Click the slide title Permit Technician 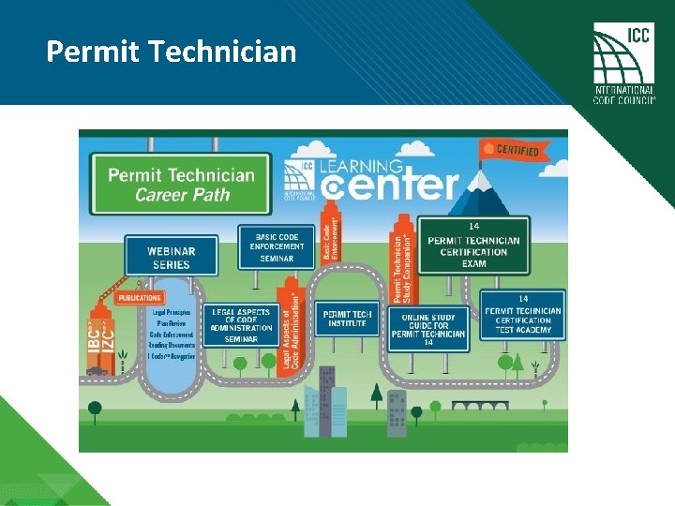[x=171, y=51]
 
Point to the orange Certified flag [x=511, y=149]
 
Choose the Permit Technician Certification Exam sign [x=473, y=246]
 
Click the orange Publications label [x=140, y=298]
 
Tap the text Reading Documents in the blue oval [x=171, y=345]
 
